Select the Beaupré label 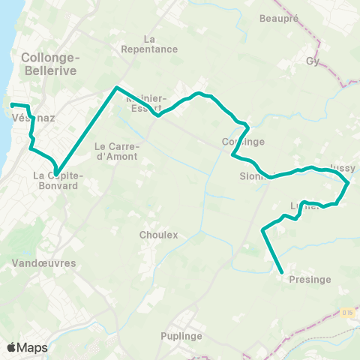pyautogui.click(x=274, y=17)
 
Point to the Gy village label pyautogui.click(x=313, y=61)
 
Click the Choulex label pyautogui.click(x=158, y=235)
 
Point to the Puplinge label pyautogui.click(x=181, y=336)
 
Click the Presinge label pyautogui.click(x=309, y=280)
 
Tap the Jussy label pyautogui.click(x=342, y=168)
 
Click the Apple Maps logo pyautogui.click(x=27, y=347)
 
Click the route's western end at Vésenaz pyautogui.click(x=11, y=104)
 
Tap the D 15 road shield pyautogui.click(x=346, y=312)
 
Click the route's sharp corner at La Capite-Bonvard pyautogui.click(x=56, y=172)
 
